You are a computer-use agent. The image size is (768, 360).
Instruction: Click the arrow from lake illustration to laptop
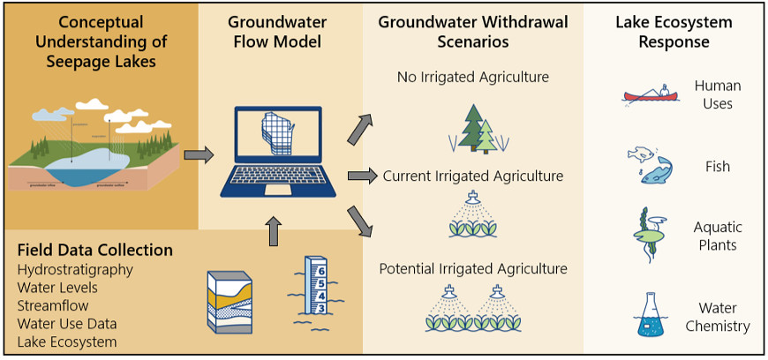pos(198,155)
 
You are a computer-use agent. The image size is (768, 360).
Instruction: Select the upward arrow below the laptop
pos(274,233)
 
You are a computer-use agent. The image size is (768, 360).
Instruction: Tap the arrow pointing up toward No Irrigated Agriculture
pos(359,128)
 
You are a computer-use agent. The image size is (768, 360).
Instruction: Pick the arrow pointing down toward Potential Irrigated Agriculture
pos(359,221)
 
